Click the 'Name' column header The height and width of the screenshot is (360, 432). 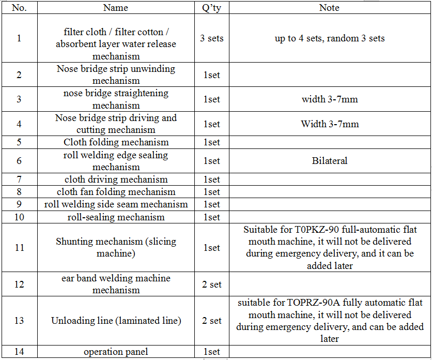tap(116, 8)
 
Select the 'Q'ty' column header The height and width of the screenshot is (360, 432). tap(211, 8)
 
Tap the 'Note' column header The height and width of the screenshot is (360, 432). tap(329, 8)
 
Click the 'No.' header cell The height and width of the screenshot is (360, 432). tap(19, 8)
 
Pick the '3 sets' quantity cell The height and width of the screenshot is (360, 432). tap(211, 38)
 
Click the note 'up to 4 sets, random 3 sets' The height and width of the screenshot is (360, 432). tap(329, 38)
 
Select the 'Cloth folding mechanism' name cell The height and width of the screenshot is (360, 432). tap(116, 142)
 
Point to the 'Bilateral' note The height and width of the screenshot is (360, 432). tap(329, 161)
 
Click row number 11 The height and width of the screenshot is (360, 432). tap(19, 248)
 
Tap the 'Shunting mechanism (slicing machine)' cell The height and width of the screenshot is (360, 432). tap(116, 248)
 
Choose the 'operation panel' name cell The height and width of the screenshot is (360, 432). tap(116, 352)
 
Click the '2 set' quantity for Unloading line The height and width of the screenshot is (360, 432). tap(211, 321)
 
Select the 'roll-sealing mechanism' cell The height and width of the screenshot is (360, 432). tap(116, 217)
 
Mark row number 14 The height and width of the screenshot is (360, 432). tap(19, 352)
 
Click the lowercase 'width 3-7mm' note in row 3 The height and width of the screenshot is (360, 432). tap(329, 99)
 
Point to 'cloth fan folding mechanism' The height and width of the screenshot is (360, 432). tap(116, 192)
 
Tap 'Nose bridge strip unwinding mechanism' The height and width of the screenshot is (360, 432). tap(116, 74)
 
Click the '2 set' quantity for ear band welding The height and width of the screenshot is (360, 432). tap(211, 284)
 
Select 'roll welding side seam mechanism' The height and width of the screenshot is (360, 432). tap(116, 204)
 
